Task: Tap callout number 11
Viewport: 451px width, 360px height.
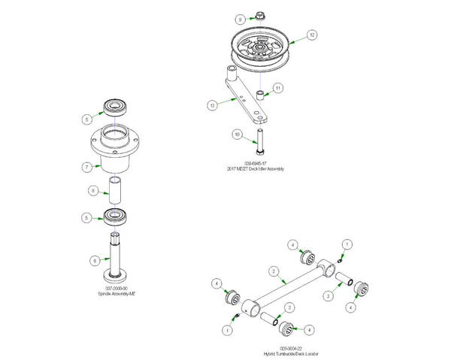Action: click(278, 88)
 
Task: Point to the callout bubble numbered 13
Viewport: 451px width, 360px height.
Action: click(212, 106)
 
